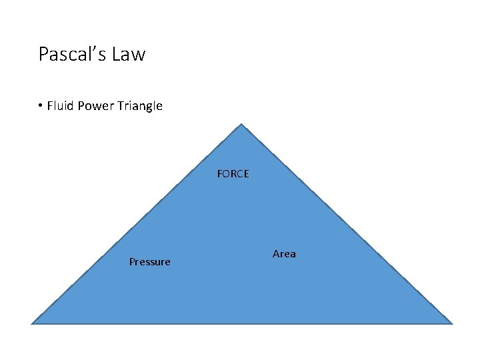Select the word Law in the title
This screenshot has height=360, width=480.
pyautogui.click(x=130, y=54)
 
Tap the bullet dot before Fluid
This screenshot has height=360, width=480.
pyautogui.click(x=41, y=106)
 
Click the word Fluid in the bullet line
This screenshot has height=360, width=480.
pyautogui.click(x=61, y=106)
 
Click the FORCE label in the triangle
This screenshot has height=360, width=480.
pyautogui.click(x=233, y=174)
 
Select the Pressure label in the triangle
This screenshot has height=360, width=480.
pyautogui.click(x=149, y=262)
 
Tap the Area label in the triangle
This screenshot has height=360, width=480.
pyautogui.click(x=284, y=254)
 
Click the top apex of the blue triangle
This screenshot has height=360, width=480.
pyautogui.click(x=241, y=125)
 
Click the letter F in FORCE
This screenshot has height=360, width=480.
pyautogui.click(x=220, y=174)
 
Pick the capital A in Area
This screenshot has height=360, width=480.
pyautogui.click(x=276, y=254)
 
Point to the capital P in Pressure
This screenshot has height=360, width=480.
pyautogui.click(x=132, y=262)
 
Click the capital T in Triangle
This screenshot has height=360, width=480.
pyautogui.click(x=118, y=106)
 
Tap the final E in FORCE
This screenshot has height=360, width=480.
pyautogui.click(x=246, y=174)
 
